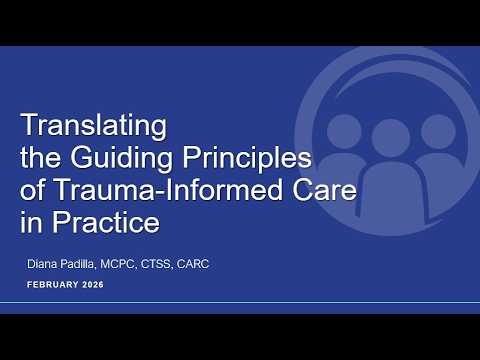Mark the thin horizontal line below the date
(x=240, y=300)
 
